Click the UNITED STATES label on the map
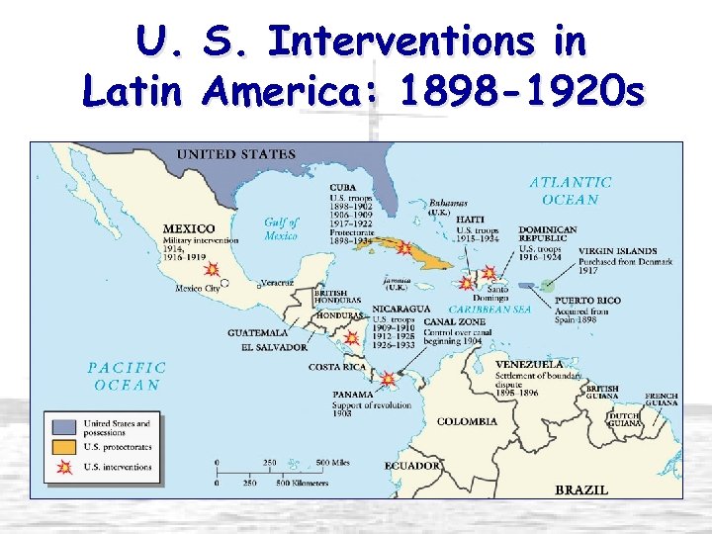coord(235,154)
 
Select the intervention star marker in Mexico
coord(210,268)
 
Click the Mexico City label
coord(197,289)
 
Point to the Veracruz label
coord(277,282)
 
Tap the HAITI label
coord(471,220)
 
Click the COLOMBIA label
coord(467,421)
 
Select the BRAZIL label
coord(581,489)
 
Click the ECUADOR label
coord(412,465)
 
